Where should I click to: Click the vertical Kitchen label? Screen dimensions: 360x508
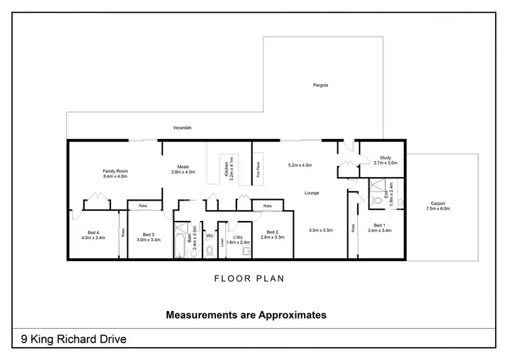[226, 167]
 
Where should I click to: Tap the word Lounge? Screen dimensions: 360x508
[311, 193]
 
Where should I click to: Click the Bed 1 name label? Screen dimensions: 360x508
[379, 225]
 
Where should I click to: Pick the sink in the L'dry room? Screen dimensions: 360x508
[247, 251]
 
